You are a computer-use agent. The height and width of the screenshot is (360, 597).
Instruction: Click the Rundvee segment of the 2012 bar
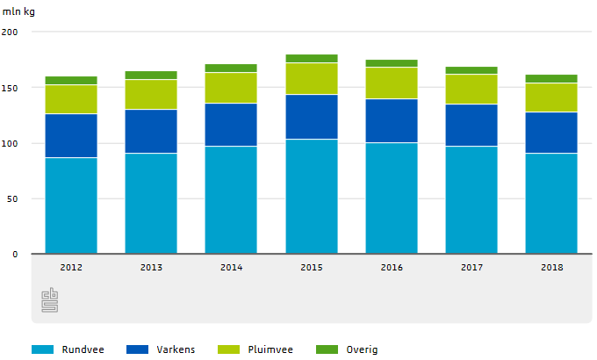pyautogui.click(x=71, y=205)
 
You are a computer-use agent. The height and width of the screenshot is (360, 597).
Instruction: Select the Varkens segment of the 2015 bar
pyautogui.click(x=312, y=117)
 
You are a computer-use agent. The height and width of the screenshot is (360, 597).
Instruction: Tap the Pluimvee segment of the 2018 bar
pyautogui.click(x=551, y=97)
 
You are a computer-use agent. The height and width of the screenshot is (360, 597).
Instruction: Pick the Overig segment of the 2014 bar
pyautogui.click(x=231, y=68)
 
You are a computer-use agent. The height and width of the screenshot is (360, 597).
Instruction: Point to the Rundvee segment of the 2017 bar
pyautogui.click(x=471, y=200)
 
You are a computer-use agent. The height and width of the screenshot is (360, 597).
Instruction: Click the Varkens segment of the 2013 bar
pyautogui.click(x=151, y=131)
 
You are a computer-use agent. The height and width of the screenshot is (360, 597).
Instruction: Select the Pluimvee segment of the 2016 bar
pyautogui.click(x=392, y=83)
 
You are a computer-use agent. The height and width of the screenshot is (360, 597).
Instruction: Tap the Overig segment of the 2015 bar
pyautogui.click(x=312, y=58)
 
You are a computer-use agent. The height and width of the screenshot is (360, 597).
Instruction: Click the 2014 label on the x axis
pyautogui.click(x=232, y=267)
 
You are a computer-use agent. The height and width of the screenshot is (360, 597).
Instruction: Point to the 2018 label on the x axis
pyautogui.click(x=551, y=267)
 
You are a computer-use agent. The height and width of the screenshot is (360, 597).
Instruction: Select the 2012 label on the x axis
pyautogui.click(x=71, y=267)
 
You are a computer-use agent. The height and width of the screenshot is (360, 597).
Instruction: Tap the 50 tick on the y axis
pyautogui.click(x=12, y=199)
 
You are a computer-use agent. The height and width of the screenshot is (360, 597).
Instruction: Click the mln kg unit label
pyautogui.click(x=18, y=11)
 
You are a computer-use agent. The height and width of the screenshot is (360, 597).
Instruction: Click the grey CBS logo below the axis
pyautogui.click(x=50, y=300)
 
